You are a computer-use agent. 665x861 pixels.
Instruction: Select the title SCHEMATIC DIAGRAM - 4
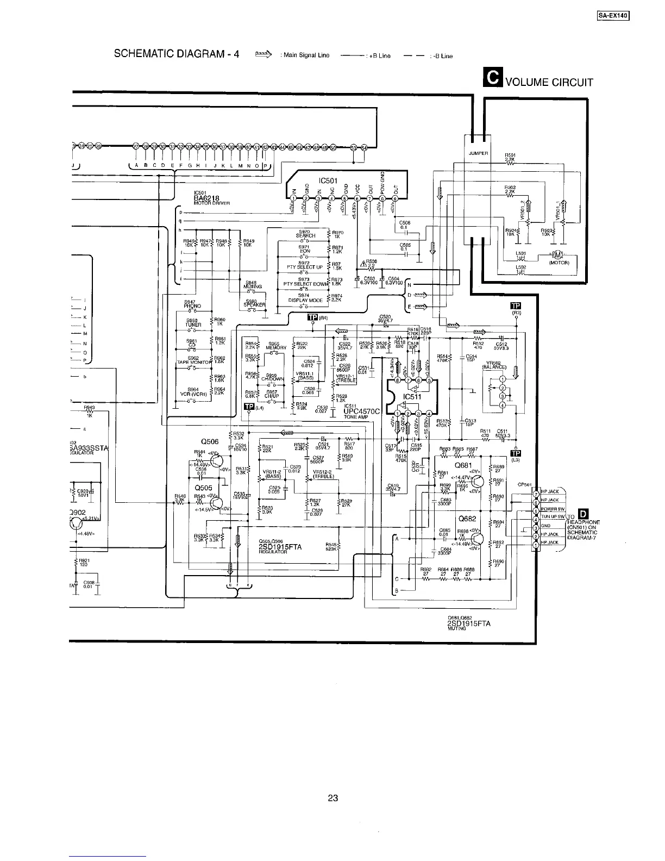click(177, 54)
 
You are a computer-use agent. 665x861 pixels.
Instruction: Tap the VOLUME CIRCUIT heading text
click(549, 83)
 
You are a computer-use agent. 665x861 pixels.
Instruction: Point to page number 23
click(332, 798)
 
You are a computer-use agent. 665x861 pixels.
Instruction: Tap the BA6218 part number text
click(206, 198)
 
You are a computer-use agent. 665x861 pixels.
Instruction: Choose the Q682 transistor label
click(467, 519)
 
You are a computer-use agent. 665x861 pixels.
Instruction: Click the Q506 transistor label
click(209, 442)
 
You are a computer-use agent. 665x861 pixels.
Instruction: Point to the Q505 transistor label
click(203, 488)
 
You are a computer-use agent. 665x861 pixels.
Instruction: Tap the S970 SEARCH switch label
click(306, 234)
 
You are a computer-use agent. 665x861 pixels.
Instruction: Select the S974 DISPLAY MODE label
click(305, 298)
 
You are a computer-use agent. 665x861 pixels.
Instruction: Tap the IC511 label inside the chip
click(412, 396)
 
